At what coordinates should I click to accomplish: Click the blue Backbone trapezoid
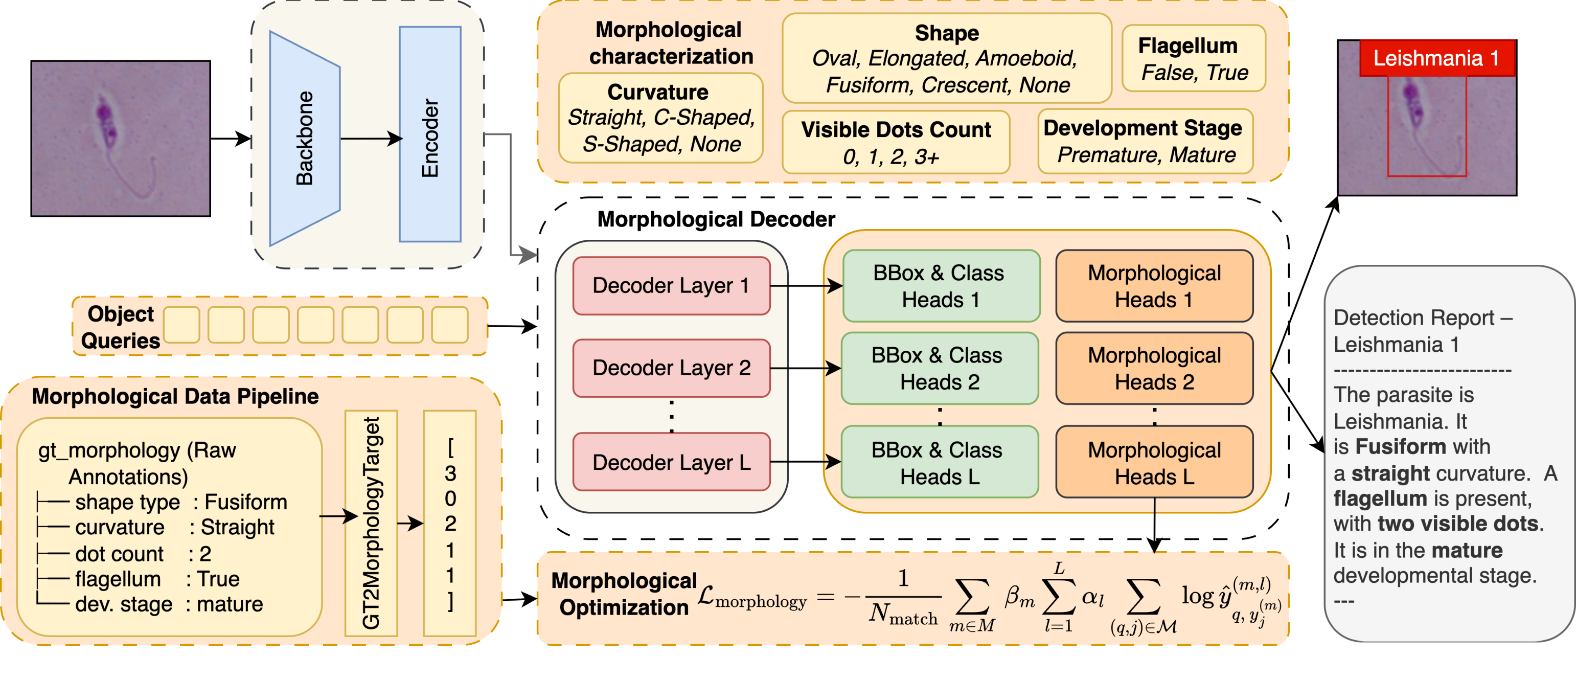click(x=305, y=139)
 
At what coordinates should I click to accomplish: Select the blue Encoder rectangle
click(x=430, y=134)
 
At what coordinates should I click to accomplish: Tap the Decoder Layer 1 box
click(x=671, y=286)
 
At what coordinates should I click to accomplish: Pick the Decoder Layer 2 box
click(x=671, y=368)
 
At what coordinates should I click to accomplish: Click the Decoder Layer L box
click(x=671, y=462)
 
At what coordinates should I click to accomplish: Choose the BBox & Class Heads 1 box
click(x=941, y=286)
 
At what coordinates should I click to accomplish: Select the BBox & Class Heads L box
click(x=940, y=462)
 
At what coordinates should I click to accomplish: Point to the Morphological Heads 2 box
click(x=1154, y=369)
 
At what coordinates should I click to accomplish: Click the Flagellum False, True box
click(x=1194, y=59)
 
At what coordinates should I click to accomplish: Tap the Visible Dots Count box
click(x=896, y=143)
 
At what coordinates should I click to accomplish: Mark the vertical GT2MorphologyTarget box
click(x=371, y=524)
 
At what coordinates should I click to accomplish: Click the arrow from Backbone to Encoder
click(x=371, y=139)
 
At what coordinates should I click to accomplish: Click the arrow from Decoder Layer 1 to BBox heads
click(x=806, y=286)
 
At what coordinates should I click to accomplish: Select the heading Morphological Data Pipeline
click(x=175, y=397)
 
